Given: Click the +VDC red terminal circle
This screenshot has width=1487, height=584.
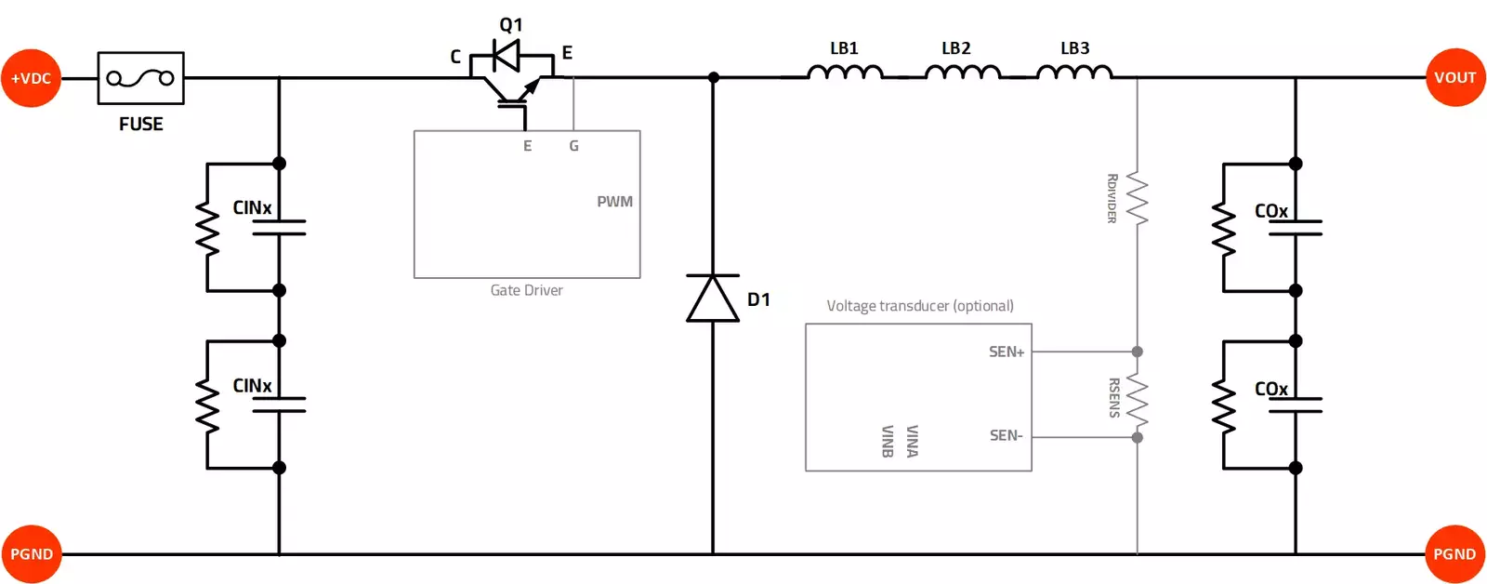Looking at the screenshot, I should click(x=31, y=78).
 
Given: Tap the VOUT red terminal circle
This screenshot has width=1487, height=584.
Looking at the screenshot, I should click(x=1454, y=78).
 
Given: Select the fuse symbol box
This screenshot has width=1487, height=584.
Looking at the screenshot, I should click(x=140, y=78).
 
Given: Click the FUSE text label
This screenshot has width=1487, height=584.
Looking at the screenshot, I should click(x=140, y=124).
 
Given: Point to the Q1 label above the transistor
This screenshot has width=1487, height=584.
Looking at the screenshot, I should click(x=511, y=24).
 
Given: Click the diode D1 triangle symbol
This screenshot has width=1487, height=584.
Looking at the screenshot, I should click(x=713, y=299).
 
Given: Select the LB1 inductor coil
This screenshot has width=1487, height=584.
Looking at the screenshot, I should click(x=845, y=73).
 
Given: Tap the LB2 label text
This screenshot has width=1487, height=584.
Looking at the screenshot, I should click(x=955, y=48).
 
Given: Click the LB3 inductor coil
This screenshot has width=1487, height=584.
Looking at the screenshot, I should click(x=1073, y=73).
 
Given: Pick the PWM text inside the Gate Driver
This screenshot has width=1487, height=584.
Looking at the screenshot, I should click(x=614, y=202).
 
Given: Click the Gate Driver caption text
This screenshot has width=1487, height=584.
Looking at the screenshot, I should click(x=526, y=290).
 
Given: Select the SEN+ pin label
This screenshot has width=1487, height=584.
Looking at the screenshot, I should click(x=1006, y=352).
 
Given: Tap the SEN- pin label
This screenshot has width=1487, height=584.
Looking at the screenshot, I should click(x=1006, y=435).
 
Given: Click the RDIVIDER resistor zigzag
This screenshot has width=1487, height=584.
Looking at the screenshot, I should click(x=1137, y=198).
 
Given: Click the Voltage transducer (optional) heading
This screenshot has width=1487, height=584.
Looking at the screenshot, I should click(x=919, y=306).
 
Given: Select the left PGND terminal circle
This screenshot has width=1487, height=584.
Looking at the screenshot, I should click(x=31, y=554).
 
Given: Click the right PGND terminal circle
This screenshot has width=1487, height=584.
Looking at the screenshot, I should click(x=1454, y=554).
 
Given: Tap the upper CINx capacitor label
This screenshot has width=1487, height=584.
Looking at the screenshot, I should click(x=252, y=207).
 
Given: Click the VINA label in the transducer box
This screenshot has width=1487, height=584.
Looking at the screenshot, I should click(x=912, y=441).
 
